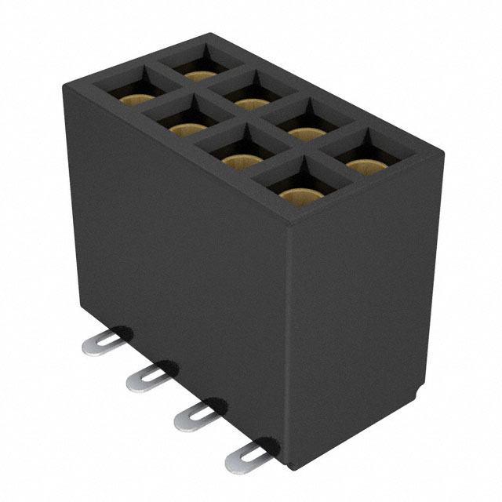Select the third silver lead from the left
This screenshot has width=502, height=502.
191,416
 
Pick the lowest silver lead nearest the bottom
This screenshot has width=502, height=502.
242,458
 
